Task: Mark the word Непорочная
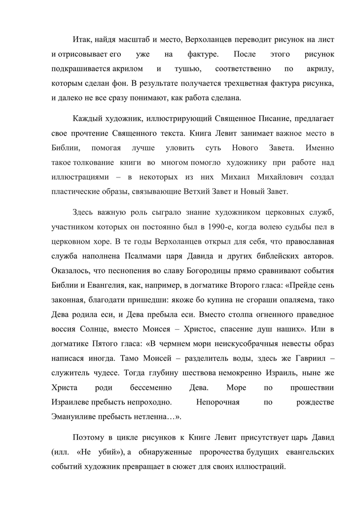(217, 402)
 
